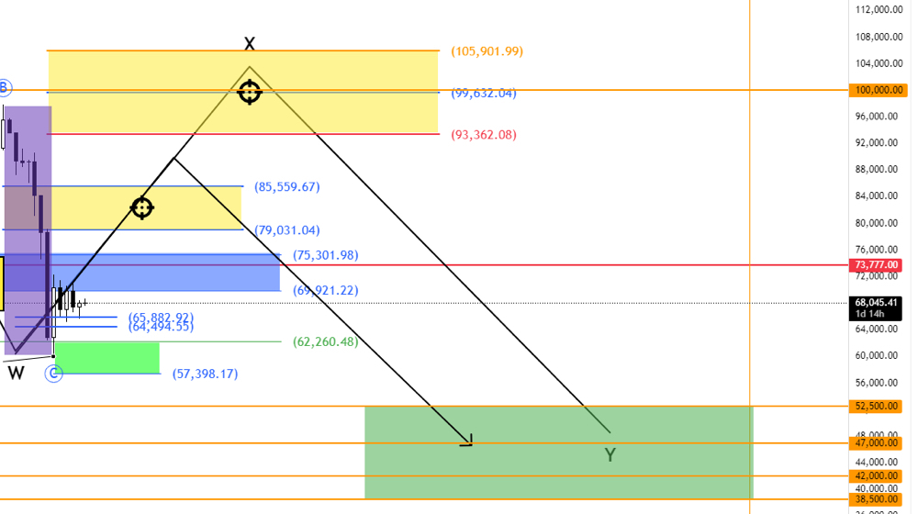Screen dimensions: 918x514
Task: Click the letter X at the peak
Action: tap(249, 43)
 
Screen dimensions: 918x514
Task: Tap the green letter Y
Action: tap(610, 454)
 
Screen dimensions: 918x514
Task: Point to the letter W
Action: tap(17, 373)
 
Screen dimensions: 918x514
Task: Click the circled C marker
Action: tap(54, 373)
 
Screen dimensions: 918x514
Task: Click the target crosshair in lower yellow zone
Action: tap(141, 207)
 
